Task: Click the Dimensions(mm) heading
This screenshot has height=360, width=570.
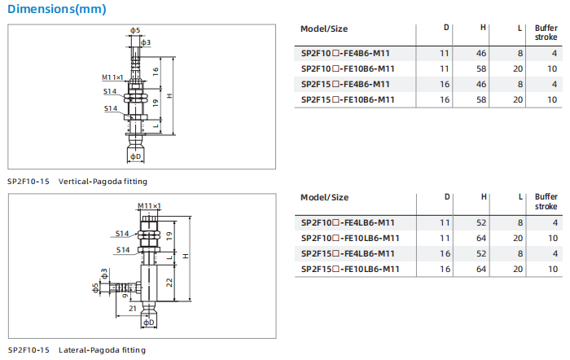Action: (x=56, y=10)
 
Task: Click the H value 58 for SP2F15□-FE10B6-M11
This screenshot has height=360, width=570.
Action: (x=483, y=99)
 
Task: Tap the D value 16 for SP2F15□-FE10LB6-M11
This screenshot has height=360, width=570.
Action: (x=445, y=269)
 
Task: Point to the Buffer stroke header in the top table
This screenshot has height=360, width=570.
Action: (x=546, y=33)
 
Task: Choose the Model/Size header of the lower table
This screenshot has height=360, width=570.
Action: (x=324, y=198)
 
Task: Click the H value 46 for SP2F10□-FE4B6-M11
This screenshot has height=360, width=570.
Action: (x=483, y=53)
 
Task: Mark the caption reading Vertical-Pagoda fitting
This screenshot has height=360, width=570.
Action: (x=103, y=181)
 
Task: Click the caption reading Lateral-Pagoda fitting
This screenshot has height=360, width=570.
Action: (x=102, y=349)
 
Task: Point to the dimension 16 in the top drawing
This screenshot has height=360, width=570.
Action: (x=155, y=70)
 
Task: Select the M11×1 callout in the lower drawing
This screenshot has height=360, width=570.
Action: (x=149, y=206)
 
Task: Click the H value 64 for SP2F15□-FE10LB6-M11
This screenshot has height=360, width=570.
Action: (x=483, y=269)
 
